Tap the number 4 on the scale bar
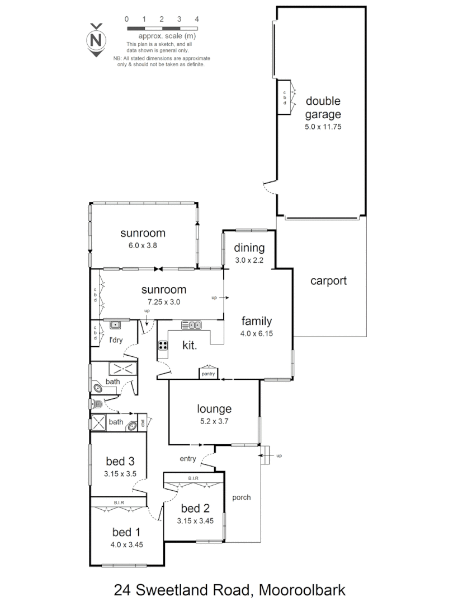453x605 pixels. point(197,19)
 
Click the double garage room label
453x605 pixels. point(323,108)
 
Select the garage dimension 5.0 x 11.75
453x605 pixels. point(323,127)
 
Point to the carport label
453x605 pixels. point(328,281)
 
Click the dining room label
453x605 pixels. point(248,248)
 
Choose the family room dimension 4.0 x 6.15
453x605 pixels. point(257,333)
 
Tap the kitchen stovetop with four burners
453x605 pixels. point(163,346)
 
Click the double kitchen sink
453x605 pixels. point(191,325)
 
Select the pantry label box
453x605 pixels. point(207,374)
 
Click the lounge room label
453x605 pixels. point(214,409)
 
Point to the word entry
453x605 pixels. point(188,459)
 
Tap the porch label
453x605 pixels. point(242,497)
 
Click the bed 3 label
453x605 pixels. point(120,462)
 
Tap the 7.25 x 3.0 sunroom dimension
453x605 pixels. point(163,301)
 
